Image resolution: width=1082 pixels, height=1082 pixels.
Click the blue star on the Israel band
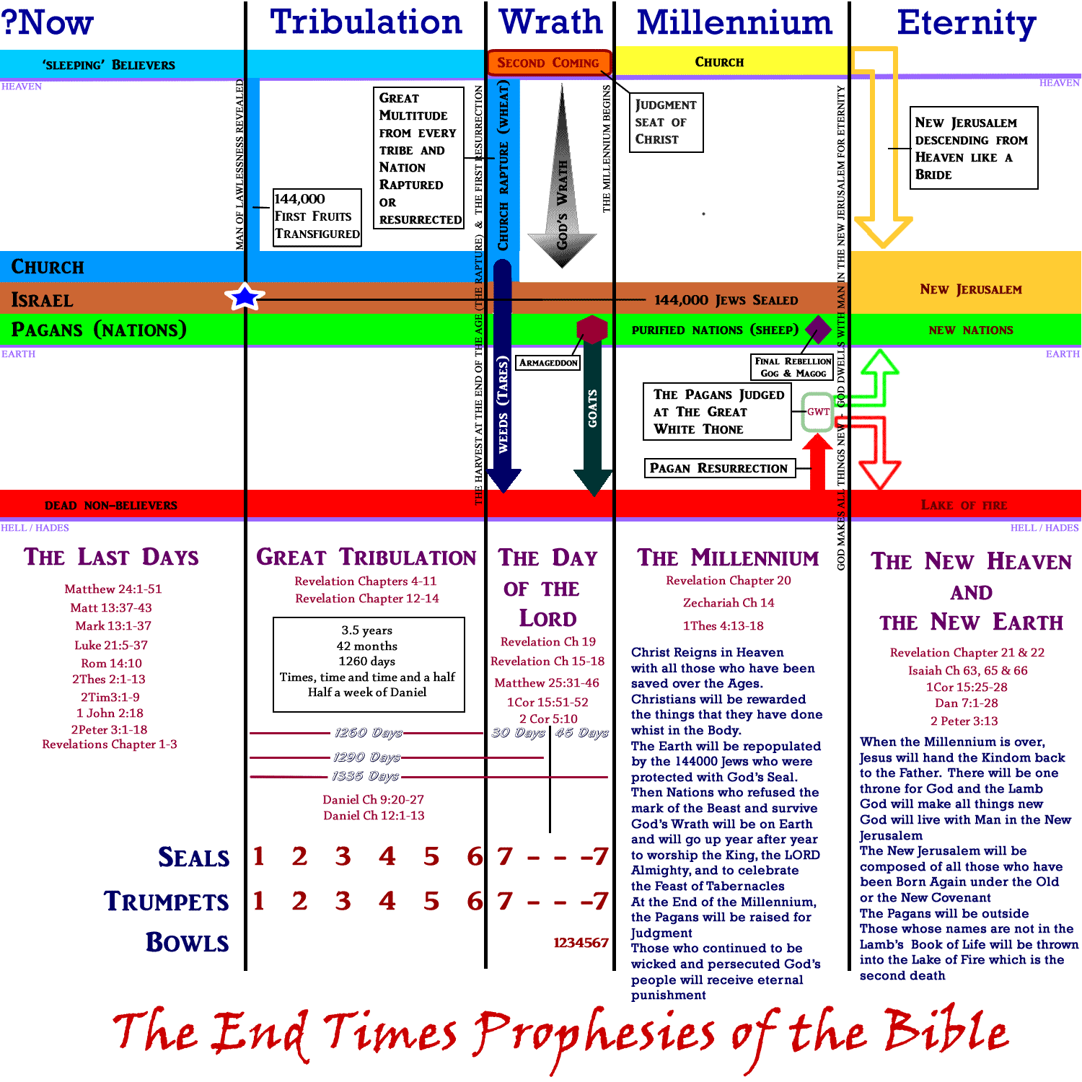(x=245, y=296)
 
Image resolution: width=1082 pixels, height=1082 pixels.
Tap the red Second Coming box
(x=548, y=63)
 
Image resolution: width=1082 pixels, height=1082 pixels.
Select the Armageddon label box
(x=548, y=363)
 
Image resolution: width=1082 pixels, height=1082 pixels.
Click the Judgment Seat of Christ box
(x=666, y=122)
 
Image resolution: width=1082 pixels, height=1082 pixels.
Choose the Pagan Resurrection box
(x=718, y=468)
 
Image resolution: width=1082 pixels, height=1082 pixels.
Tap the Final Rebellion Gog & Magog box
(x=792, y=366)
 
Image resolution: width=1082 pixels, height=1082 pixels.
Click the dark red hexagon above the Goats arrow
(x=592, y=329)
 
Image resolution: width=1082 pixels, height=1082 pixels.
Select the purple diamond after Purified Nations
(x=818, y=330)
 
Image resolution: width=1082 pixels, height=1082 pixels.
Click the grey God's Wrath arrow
(x=562, y=177)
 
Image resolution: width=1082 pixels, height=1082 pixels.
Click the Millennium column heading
(x=734, y=22)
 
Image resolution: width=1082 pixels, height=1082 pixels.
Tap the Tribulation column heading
(x=366, y=22)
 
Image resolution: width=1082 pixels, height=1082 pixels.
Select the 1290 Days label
(x=366, y=757)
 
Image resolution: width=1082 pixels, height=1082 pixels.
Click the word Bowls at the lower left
(x=188, y=942)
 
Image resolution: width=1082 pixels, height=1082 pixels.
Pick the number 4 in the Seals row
(x=387, y=856)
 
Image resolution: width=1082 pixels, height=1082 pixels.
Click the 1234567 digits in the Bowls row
(x=581, y=942)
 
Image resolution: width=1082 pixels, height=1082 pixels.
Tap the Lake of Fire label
(x=964, y=505)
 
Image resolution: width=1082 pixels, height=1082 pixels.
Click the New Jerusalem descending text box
(x=974, y=148)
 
